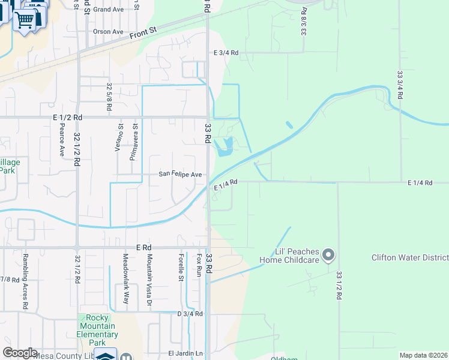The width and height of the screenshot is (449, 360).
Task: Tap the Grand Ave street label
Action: pyautogui.click(x=108, y=10)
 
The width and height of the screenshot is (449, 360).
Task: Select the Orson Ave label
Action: pyautogui.click(x=108, y=31)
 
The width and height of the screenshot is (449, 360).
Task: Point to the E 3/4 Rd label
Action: pyautogui.click(x=226, y=53)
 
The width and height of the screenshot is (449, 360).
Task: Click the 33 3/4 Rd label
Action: pyautogui.click(x=400, y=85)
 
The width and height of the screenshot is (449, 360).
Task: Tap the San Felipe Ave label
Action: pyautogui.click(x=180, y=174)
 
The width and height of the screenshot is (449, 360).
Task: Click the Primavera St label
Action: pyautogui.click(x=135, y=143)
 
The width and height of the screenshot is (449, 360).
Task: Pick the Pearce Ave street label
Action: pyautogui.click(x=62, y=140)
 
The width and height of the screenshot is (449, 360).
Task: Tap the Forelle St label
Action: pyautogui.click(x=180, y=267)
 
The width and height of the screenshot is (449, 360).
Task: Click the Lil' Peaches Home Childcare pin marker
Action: pyautogui.click(x=328, y=256)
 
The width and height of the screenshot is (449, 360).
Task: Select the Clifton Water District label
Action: pyautogui.click(x=410, y=258)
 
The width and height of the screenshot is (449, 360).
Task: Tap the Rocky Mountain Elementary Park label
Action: pyautogui.click(x=97, y=330)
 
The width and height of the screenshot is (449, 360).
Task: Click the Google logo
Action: pyautogui.click(x=20, y=353)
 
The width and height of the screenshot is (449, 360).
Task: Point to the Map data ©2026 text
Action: pyautogui.click(x=423, y=355)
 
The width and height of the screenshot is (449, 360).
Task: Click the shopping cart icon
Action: pyautogui.click(x=25, y=19)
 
